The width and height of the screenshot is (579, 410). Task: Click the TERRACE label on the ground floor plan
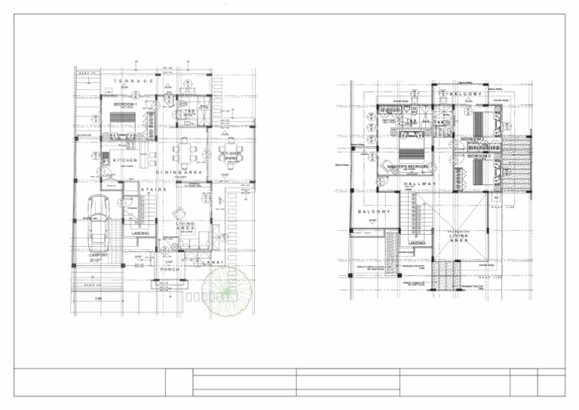133,81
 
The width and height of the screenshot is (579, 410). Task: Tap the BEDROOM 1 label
125,103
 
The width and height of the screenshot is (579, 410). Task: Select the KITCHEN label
124,161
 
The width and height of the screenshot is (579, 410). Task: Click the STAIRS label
153,190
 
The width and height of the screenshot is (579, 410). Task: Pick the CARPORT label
99,255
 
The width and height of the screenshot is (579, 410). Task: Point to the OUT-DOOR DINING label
230,154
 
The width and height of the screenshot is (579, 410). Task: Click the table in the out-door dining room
230,144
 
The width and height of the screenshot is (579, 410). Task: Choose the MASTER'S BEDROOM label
407,165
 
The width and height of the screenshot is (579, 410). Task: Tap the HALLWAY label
420,184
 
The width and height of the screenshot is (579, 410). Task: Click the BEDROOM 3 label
479,156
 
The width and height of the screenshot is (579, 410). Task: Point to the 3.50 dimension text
98,300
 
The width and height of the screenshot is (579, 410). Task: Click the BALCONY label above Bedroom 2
465,94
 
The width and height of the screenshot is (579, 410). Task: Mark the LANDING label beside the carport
140,233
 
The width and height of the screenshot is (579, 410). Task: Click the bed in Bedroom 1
121,122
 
